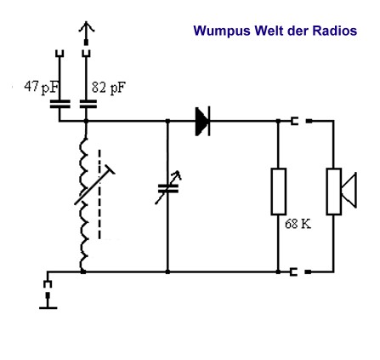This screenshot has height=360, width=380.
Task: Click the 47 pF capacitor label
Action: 41,88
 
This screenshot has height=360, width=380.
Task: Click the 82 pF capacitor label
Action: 109,88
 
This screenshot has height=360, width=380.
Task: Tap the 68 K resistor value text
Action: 298,224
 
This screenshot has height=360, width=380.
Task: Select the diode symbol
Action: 202,121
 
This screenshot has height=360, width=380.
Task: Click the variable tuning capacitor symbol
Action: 168,188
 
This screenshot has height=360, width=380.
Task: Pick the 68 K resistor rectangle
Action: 279,191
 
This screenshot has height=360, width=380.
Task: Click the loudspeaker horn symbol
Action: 349,191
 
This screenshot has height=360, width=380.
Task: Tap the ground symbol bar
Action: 48,307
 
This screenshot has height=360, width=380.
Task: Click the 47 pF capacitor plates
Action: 60,104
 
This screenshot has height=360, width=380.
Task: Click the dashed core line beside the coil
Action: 99,194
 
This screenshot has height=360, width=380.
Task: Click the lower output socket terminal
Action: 294,271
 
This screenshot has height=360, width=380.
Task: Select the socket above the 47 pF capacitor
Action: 60,54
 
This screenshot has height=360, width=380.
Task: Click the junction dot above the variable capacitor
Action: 167,121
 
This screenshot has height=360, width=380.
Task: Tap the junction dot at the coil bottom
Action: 82,271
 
